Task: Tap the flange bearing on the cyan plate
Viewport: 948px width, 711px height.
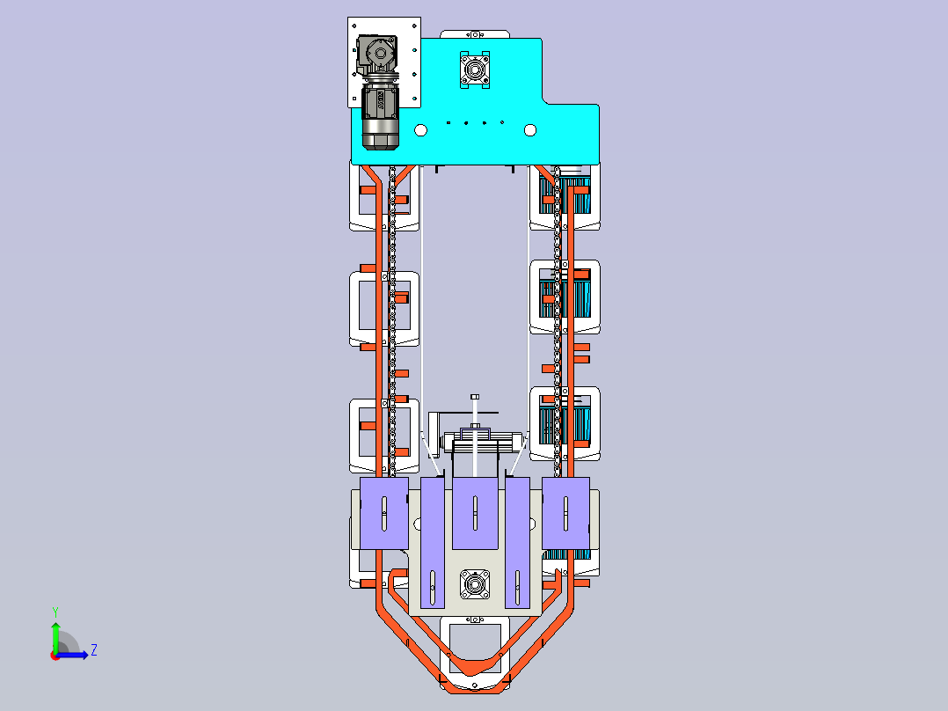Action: [475, 70]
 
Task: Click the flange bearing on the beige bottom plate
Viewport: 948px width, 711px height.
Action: [475, 584]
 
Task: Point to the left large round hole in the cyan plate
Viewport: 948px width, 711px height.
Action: [420, 130]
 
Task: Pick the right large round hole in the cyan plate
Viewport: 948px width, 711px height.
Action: [530, 130]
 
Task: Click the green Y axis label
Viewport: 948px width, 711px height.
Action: [55, 612]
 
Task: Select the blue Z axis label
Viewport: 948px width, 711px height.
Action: [94, 650]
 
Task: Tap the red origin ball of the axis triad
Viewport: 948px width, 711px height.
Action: [55, 656]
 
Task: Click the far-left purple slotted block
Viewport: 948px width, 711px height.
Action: [384, 513]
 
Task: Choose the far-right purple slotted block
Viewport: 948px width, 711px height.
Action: [566, 513]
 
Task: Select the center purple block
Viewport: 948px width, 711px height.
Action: [475, 513]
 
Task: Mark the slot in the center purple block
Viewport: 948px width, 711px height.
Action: [475, 513]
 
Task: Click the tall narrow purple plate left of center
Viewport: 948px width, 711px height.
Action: [433, 543]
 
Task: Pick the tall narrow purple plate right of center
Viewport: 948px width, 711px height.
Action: [517, 543]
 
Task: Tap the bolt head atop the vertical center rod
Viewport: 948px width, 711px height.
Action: [475, 397]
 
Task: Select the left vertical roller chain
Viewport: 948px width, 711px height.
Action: [392, 320]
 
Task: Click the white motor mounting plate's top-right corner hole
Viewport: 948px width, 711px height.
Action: [415, 26]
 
